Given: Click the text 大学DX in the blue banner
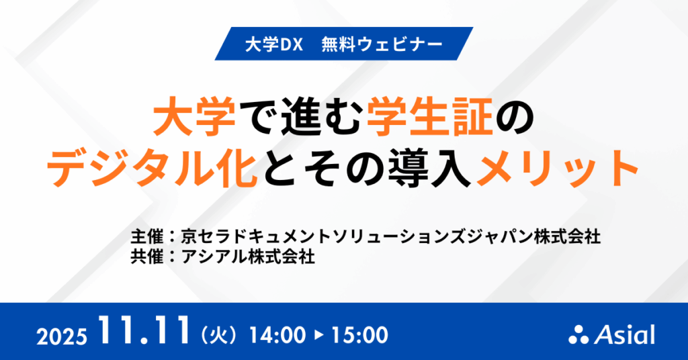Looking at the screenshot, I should tap(268, 46).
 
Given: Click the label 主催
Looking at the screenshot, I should tap(146, 237).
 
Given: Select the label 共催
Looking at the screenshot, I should tap(146, 257).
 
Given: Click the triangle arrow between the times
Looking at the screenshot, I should tap(316, 334).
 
